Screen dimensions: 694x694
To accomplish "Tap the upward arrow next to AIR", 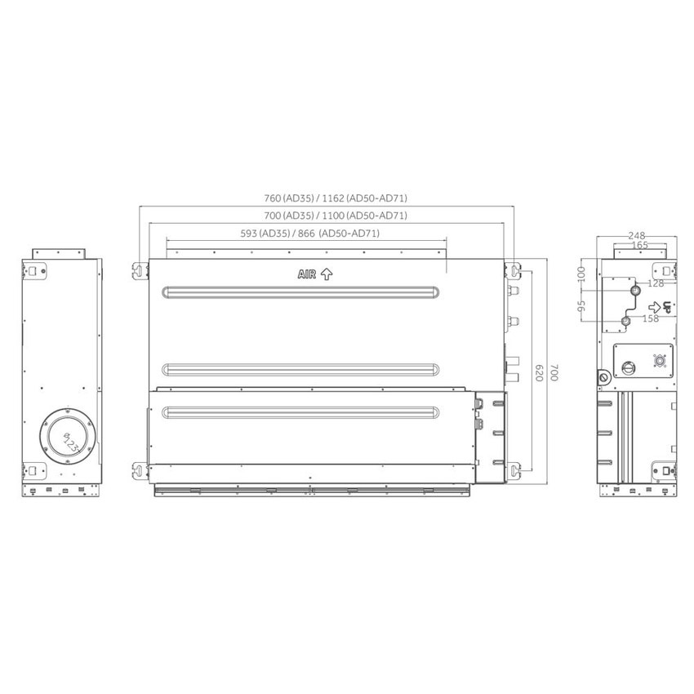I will pos(326,275).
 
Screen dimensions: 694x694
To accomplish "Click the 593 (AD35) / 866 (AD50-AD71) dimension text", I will pos(309,234).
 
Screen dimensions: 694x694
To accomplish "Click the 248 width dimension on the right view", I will pos(638,236).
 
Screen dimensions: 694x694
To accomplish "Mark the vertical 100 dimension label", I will pos(581,272).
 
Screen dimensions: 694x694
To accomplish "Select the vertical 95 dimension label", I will pos(581,306).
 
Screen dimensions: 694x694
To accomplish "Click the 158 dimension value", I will pos(650,318).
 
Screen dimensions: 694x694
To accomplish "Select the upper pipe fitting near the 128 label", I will pos(634,291).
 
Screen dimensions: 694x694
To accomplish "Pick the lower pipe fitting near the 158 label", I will pos(626,322).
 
